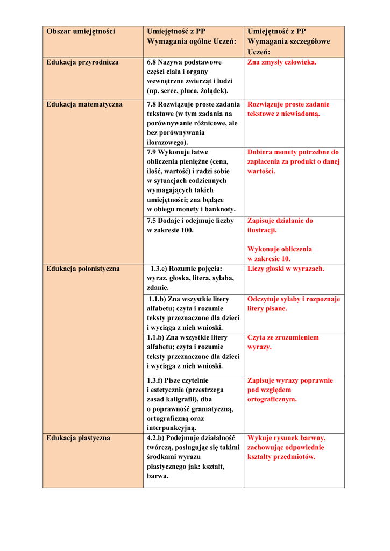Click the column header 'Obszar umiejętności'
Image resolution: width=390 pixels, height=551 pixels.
click(81, 32)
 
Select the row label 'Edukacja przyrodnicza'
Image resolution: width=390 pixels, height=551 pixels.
click(82, 62)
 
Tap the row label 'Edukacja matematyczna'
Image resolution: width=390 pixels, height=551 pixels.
click(84, 104)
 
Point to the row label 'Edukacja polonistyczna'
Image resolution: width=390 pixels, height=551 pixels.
click(83, 269)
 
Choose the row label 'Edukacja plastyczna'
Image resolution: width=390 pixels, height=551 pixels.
click(78, 438)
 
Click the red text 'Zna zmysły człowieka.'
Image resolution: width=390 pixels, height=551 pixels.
click(282, 62)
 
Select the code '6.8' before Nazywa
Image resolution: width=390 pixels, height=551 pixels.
click(151, 62)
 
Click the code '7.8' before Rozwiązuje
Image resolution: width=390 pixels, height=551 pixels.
click(151, 104)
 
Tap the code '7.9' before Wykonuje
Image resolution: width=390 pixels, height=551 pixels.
click(151, 152)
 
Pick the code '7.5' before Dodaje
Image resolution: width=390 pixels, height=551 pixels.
click(151, 221)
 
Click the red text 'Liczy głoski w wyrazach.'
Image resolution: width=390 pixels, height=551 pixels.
click(286, 269)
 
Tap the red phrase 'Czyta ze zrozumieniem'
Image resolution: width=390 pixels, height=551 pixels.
click(283, 337)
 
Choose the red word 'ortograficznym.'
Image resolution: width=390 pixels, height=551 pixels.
click(272, 400)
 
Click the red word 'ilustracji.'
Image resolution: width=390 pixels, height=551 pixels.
click(262, 230)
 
